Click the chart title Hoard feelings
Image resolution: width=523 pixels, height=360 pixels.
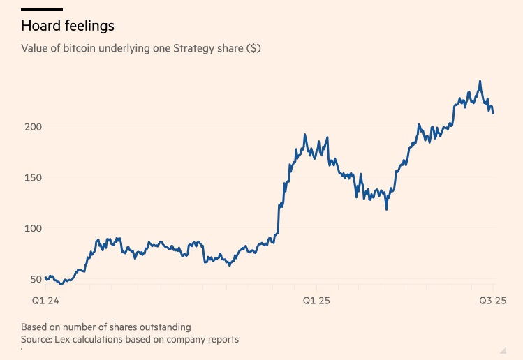[67, 27]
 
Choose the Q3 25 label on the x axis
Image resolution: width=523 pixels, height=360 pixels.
[492, 301]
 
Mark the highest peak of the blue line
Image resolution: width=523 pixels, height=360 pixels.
[480, 81]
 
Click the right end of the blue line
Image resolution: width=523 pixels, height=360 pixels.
[494, 113]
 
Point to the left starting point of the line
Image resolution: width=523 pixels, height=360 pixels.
[45, 278]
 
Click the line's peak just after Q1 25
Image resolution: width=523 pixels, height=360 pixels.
[305, 135]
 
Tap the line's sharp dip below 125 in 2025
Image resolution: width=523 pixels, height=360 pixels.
[386, 209]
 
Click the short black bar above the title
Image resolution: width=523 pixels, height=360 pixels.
[41, 10]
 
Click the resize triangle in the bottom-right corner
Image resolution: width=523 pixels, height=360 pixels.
[503, 349]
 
